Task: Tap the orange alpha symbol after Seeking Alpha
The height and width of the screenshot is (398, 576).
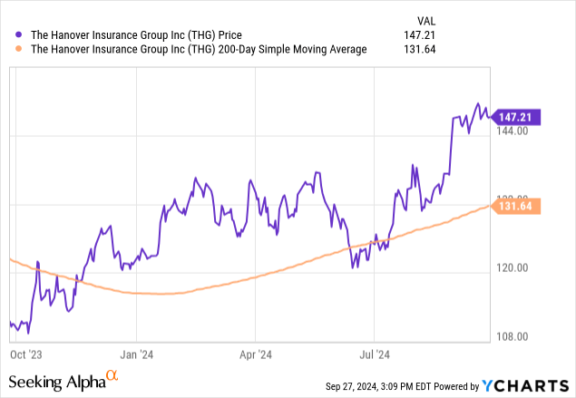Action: (112, 376)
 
